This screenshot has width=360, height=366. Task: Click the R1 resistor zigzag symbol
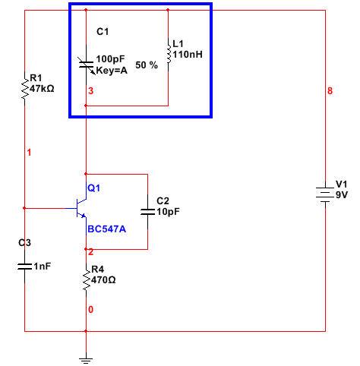(25, 89)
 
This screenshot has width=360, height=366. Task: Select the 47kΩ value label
(42, 89)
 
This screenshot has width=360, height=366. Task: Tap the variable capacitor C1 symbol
(87, 65)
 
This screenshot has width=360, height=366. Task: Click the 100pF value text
(110, 59)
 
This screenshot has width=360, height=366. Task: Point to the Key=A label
(112, 70)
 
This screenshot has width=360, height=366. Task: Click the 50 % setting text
(147, 65)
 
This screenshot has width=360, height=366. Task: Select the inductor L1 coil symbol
(169, 55)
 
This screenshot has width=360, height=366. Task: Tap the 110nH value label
(188, 55)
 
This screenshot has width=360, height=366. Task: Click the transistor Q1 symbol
(81, 208)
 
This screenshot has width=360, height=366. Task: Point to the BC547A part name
(106, 229)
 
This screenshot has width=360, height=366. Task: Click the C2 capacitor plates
(147, 212)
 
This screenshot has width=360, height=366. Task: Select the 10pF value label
(168, 212)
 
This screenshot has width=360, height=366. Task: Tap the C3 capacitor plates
(25, 266)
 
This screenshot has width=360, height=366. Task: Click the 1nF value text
(43, 266)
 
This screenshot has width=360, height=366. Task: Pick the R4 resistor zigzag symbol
(87, 280)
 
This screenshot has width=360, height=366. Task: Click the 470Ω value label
(103, 280)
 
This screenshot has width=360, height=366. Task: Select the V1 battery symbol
(325, 195)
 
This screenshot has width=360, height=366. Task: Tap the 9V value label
(342, 195)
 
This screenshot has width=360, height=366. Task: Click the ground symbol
(86, 361)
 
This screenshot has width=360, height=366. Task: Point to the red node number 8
(330, 90)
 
